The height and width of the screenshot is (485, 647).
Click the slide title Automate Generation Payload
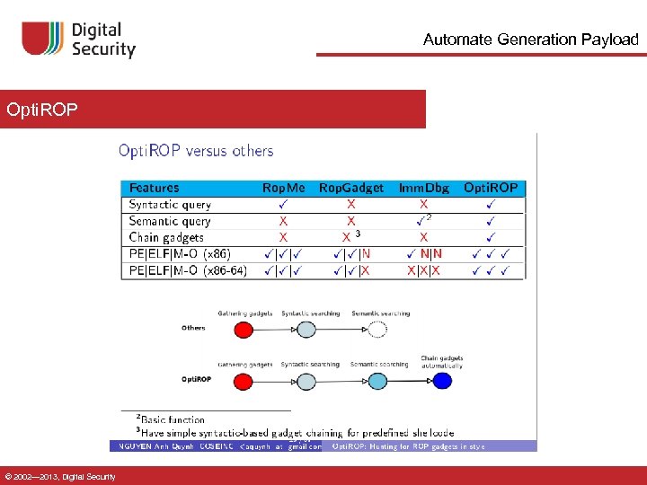pos(530,40)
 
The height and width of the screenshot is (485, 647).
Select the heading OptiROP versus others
pos(196,151)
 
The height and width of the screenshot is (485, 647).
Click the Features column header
pos(154,188)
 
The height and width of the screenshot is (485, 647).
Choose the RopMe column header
pos(283,188)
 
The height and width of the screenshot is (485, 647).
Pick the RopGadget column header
pos(350,188)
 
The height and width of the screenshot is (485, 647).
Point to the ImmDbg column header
pos(424,188)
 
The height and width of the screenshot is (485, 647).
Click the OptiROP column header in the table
pos(491,188)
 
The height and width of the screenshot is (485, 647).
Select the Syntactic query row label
pos(170,205)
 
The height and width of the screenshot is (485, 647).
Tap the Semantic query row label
pos(170,221)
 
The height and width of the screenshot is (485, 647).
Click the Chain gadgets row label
pos(166,237)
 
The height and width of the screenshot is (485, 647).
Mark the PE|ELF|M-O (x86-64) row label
pos(188,269)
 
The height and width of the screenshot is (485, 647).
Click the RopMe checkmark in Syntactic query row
pos(283,205)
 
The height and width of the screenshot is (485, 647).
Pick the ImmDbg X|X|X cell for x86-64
pos(423,269)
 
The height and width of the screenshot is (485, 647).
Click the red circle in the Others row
pos(244,330)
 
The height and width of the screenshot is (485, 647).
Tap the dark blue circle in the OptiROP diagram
pos(442,381)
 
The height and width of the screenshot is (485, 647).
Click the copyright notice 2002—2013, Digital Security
pos(59,476)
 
